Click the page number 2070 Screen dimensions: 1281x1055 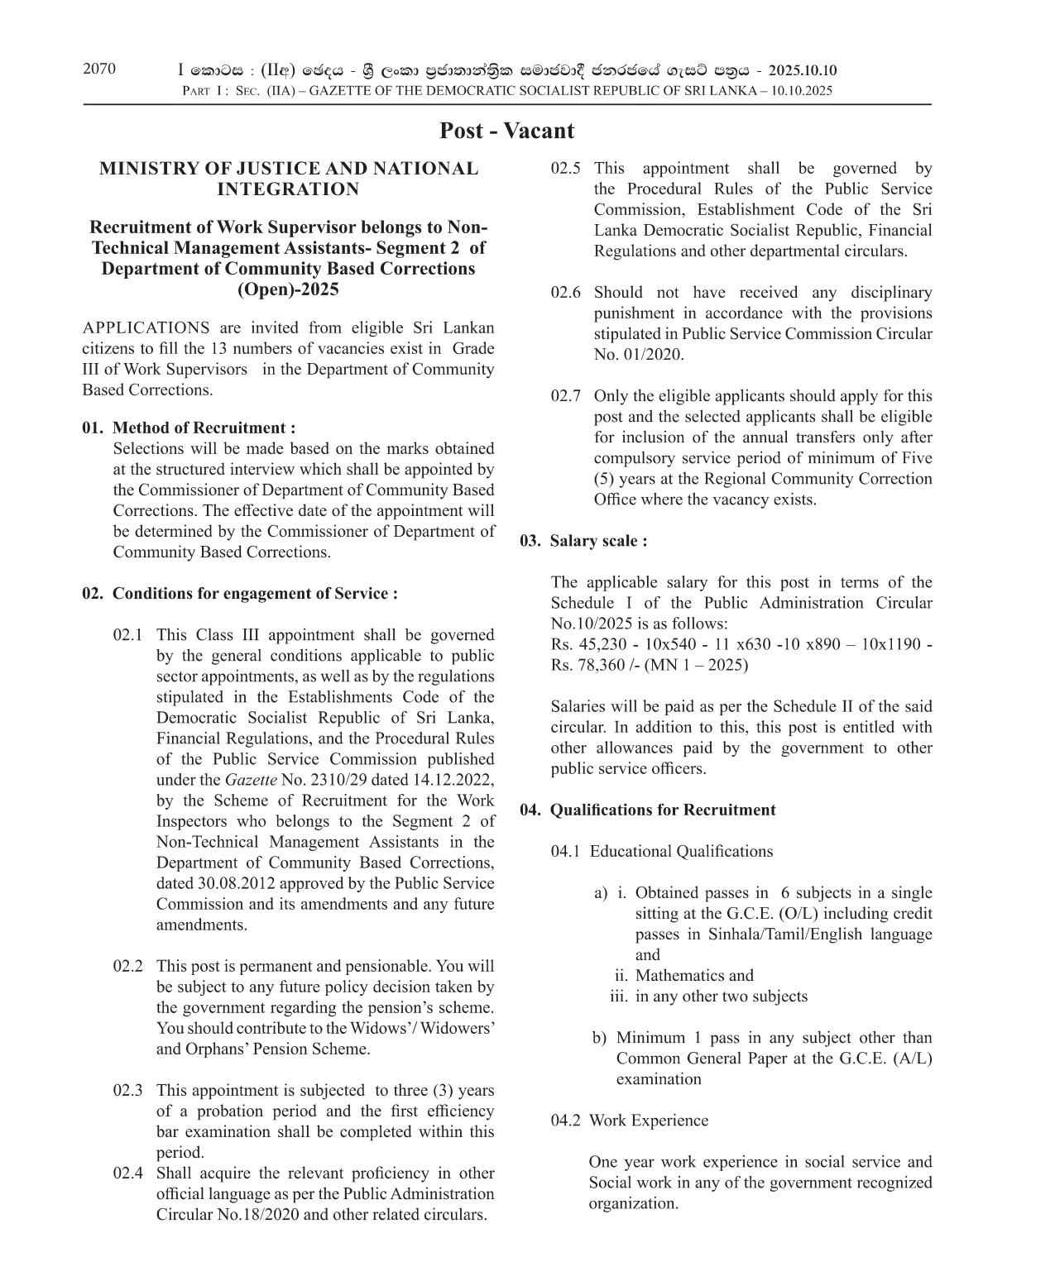click(99, 69)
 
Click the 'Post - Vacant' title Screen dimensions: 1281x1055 click(506, 131)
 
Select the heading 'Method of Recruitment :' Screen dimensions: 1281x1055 click(204, 428)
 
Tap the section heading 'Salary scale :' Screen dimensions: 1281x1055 click(598, 541)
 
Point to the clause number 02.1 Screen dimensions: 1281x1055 click(128, 635)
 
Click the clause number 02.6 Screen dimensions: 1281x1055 click(566, 293)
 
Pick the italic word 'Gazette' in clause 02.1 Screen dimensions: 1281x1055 click(251, 780)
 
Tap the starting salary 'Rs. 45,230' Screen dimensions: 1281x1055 click(587, 644)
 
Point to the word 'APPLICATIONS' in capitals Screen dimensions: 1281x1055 click(146, 328)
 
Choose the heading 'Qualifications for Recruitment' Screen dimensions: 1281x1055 click(663, 810)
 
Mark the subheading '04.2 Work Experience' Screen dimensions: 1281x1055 click(630, 1121)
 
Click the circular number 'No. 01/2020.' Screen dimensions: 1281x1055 click(639, 355)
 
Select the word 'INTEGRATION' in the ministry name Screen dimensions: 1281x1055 click(288, 189)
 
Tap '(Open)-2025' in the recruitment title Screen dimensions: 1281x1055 click(288, 289)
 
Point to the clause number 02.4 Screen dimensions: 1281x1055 click(128, 1173)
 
